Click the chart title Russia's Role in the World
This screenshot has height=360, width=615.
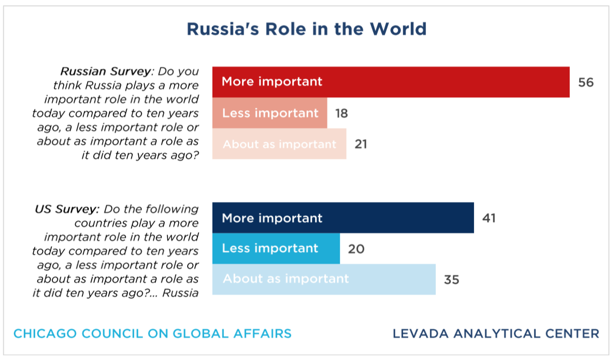tap(306, 29)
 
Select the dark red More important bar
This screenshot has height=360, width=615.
tap(391, 82)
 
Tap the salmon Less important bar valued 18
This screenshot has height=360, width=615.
tap(270, 113)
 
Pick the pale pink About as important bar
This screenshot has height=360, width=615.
tap(279, 144)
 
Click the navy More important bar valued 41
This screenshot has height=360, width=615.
tap(343, 218)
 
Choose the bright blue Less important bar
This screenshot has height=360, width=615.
tap(276, 248)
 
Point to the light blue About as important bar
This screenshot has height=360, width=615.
tap(324, 279)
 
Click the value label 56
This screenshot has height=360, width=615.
tap(586, 82)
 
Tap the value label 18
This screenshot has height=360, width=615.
tap(341, 113)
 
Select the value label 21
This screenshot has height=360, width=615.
tap(361, 145)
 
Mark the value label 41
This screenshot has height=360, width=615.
tap(489, 218)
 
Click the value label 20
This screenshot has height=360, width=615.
tap(356, 249)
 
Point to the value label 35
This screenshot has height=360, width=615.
tap(451, 280)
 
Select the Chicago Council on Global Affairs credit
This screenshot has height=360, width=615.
tap(152, 334)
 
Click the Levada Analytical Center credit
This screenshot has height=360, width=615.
tap(496, 334)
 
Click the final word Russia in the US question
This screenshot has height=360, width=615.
tap(180, 293)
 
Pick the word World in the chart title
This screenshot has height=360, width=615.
tap(398, 29)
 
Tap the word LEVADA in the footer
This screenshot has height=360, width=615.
tap(421, 334)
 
